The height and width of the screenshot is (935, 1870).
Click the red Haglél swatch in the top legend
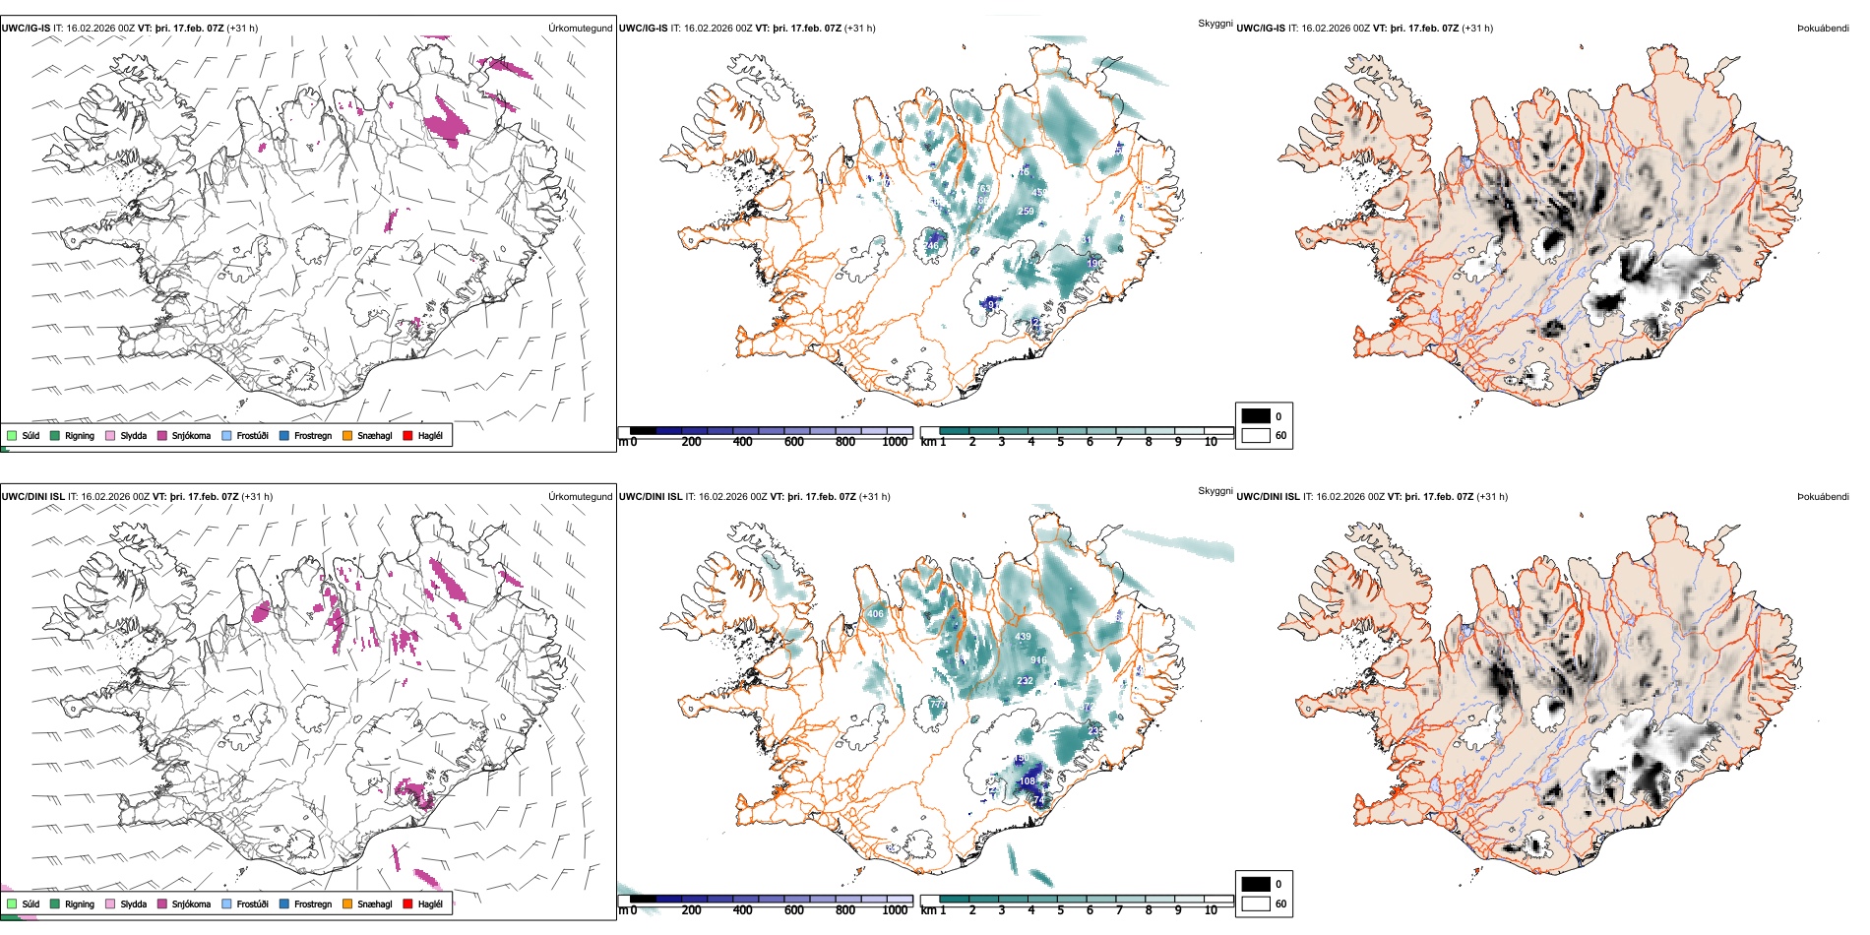coord(407,435)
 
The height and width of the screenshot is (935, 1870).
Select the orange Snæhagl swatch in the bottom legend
coord(347,904)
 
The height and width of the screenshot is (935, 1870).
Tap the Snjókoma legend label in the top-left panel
coord(191,435)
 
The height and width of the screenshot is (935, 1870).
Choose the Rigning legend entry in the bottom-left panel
coord(79,904)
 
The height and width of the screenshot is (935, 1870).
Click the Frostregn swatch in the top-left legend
coord(284,435)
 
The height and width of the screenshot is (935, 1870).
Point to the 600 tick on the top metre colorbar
coord(793,442)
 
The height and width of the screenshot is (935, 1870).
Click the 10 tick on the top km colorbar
coord(1211,442)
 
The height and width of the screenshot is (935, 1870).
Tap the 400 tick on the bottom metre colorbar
coord(742,910)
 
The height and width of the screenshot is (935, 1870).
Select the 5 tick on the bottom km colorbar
coord(1060,910)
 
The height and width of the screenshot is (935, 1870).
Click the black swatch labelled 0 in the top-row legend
coord(1256,416)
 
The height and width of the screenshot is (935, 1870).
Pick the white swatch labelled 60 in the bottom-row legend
coord(1256,904)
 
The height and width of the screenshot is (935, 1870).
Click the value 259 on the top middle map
coord(1026,212)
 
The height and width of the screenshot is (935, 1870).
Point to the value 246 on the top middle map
coord(931,246)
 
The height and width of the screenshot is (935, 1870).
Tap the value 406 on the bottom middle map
coord(875,614)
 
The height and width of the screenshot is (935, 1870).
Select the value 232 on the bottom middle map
coord(1025,681)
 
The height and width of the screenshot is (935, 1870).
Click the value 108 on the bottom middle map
coord(1028,781)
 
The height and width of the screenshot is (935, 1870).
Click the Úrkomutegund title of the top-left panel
coord(580,29)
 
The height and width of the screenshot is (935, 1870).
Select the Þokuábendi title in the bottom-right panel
coord(1823,497)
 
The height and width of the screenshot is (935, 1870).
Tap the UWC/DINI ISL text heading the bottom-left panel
coord(32,497)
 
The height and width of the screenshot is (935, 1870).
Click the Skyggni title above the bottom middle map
coord(1215,490)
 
